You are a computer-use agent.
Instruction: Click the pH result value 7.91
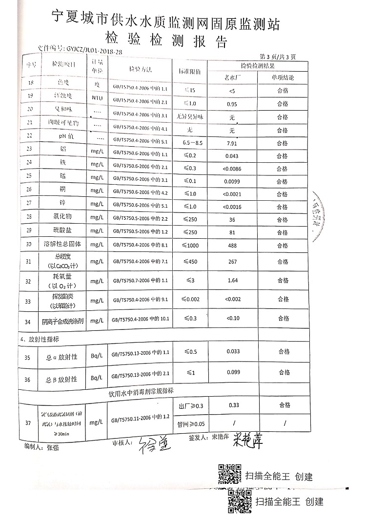(232, 143)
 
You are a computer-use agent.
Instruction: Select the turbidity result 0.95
(232, 104)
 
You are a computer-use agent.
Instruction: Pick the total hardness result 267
(232, 262)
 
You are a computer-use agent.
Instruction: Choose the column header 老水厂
(232, 77)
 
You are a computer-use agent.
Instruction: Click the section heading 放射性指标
(45, 338)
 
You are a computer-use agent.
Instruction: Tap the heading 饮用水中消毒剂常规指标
(142, 391)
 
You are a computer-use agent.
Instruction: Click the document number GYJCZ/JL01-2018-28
(93, 49)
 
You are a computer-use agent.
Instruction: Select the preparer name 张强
(54, 446)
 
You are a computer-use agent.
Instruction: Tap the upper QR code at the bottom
(229, 475)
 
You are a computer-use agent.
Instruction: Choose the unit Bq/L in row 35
(96, 357)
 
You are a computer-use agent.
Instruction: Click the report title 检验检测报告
(166, 39)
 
